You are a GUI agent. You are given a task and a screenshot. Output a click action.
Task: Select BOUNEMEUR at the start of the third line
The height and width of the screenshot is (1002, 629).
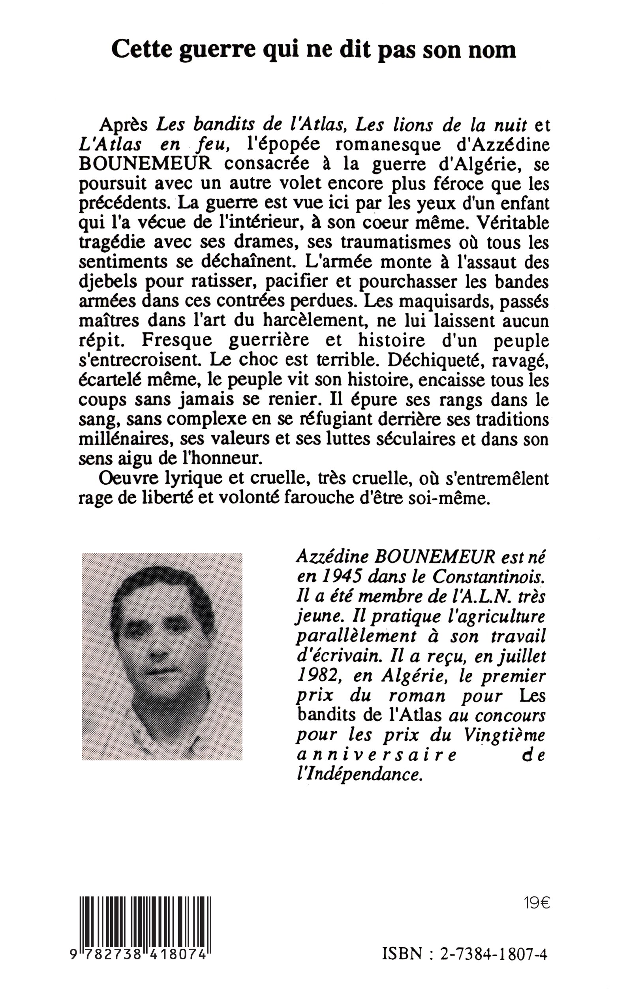[145, 164]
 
